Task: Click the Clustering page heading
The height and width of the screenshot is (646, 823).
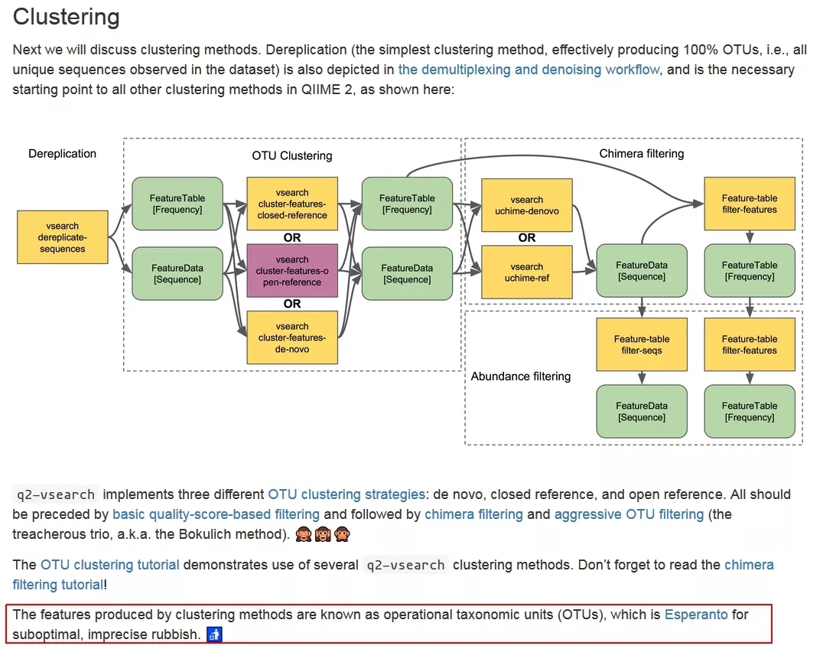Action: point(67,17)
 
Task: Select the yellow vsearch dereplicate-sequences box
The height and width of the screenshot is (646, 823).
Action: point(63,237)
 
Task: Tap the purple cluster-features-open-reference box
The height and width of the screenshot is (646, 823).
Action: point(292,271)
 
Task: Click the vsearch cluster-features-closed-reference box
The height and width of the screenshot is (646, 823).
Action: point(292,204)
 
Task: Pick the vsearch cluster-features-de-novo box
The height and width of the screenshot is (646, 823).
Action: point(292,338)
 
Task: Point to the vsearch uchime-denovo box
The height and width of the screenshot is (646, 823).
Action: point(527,205)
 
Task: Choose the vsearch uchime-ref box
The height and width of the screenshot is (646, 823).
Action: point(527,272)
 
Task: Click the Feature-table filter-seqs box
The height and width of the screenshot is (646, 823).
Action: point(642,344)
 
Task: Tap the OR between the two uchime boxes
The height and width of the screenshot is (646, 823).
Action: point(527,238)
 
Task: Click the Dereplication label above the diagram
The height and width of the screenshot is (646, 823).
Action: point(63,154)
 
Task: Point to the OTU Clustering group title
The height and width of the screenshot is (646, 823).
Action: point(292,155)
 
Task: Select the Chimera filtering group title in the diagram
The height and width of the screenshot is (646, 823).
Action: point(641,154)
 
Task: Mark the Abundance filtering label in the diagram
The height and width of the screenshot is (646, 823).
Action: point(521,376)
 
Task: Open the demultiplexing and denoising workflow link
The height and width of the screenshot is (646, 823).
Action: point(529,70)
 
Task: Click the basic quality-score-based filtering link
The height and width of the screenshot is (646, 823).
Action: point(216,514)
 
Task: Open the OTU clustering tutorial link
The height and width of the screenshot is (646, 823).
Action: point(110,565)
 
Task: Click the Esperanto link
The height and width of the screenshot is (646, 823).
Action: point(696,615)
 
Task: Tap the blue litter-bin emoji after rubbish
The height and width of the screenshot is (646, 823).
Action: point(214,635)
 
